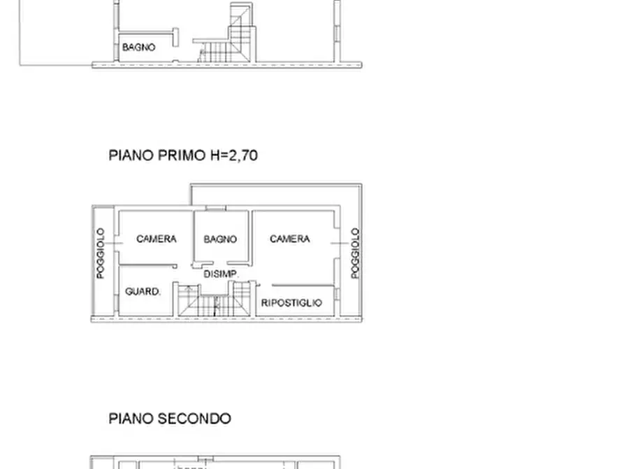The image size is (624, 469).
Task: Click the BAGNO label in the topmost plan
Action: tap(138, 48)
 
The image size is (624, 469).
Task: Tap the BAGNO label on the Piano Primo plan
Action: tap(220, 239)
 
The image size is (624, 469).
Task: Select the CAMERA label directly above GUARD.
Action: tap(157, 239)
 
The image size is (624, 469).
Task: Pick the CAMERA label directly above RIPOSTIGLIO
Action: tap(290, 239)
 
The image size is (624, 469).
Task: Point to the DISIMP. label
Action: tap(222, 274)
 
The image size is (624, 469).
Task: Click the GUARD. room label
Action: tap(143, 291)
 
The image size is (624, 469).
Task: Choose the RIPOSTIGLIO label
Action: tap(291, 303)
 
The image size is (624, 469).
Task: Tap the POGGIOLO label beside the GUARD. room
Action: tap(101, 253)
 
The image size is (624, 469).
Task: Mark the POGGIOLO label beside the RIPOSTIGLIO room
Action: tap(355, 253)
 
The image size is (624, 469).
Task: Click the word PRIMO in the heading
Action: tap(182, 155)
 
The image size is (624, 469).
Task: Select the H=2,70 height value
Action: tap(234, 155)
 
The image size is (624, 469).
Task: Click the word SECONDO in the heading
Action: tap(194, 419)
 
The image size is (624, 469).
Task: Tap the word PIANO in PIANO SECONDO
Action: tap(131, 419)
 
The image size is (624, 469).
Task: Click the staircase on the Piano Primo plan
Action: tap(212, 301)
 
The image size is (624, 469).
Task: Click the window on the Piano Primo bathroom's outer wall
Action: tap(215, 209)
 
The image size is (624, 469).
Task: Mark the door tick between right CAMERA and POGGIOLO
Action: tap(338, 242)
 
